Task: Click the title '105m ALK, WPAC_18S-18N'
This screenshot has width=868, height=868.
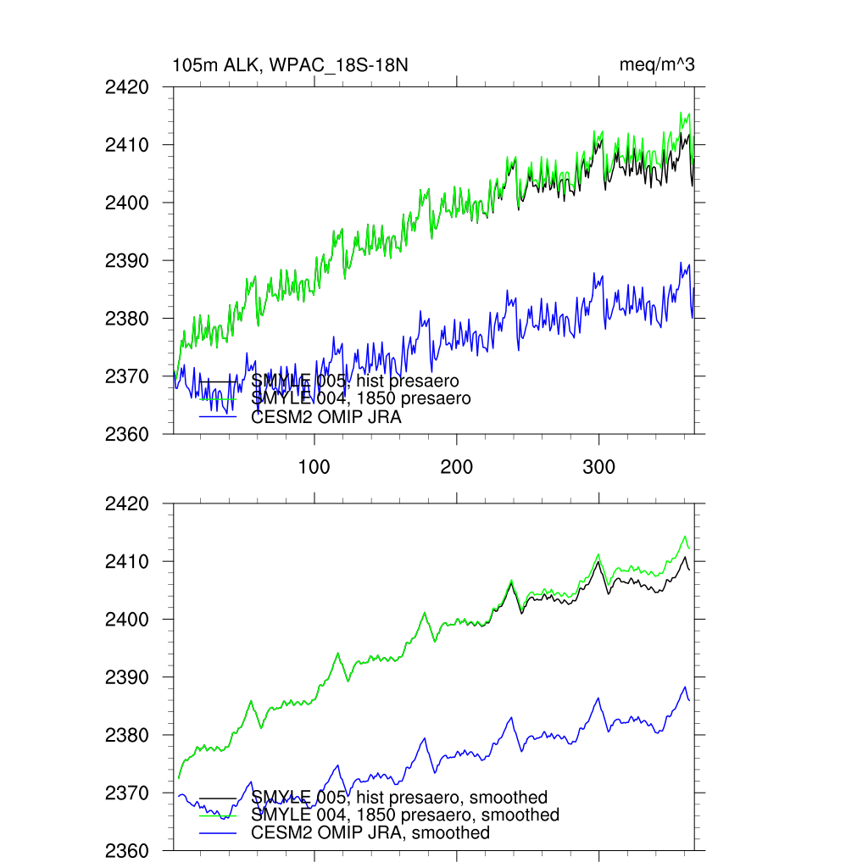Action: pos(290,65)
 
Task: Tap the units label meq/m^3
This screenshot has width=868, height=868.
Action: pos(657,65)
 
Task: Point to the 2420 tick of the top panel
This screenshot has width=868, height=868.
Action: pos(126,87)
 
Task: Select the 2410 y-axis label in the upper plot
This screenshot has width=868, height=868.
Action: pos(126,145)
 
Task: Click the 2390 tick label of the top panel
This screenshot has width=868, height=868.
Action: pos(126,261)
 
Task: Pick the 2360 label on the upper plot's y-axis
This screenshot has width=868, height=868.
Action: pos(126,435)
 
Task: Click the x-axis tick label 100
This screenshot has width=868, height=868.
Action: pos(314,467)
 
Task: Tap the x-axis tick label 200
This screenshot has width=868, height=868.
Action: pos(457,467)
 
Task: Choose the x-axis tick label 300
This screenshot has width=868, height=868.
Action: pos(599,467)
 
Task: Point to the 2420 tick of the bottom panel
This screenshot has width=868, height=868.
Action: pos(126,504)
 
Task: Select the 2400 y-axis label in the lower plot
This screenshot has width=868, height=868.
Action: pos(126,620)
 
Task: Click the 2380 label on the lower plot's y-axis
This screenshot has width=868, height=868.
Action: pos(126,736)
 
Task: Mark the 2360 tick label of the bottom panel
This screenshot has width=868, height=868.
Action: pos(126,851)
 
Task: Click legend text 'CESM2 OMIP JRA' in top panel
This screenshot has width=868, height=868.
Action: pos(326,417)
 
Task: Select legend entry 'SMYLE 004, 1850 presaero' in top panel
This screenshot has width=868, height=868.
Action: pos(361,398)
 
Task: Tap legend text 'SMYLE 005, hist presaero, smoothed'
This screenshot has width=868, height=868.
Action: pos(399,798)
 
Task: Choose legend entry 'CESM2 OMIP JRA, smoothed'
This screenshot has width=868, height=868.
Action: pos(370,833)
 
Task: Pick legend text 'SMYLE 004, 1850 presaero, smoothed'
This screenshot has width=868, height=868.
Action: pos(405,815)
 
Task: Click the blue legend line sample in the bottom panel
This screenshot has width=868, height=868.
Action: pos(217,833)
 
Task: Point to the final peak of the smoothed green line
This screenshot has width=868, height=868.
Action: pos(685,536)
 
